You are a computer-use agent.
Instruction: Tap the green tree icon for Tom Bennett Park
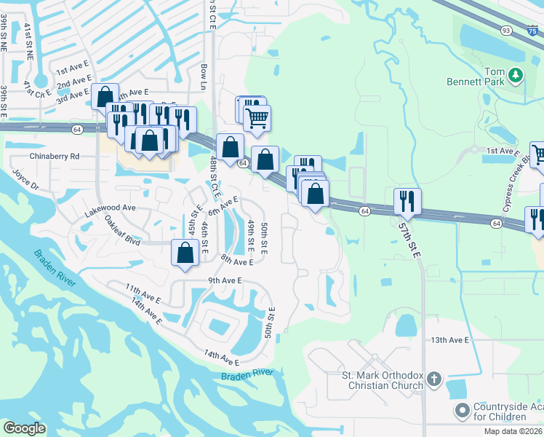[516, 74]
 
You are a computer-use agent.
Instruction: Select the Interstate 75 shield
[532, 30]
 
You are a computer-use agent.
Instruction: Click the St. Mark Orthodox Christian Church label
[383, 380]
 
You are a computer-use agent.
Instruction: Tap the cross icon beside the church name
[433, 379]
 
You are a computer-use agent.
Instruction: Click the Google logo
[24, 428]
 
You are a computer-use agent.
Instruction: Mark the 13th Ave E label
[451, 340]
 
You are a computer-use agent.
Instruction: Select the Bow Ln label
[204, 76]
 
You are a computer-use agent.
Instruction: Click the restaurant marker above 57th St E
[407, 201]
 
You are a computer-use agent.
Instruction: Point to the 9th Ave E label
[224, 280]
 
